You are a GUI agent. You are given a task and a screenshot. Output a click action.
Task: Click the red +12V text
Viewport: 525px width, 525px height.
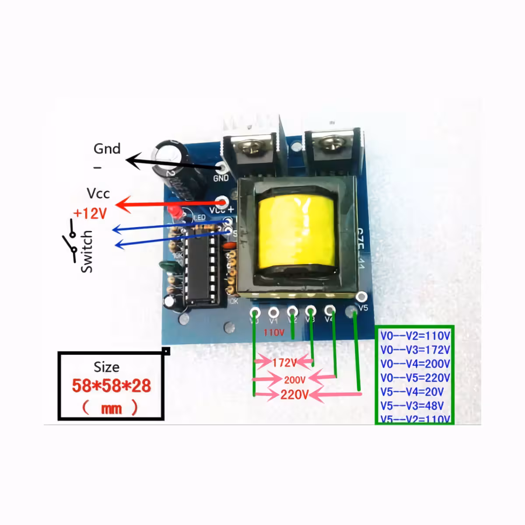pyautogui.click(x=90, y=213)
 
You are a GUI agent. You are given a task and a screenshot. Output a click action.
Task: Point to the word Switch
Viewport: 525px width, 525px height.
pyautogui.click(x=87, y=252)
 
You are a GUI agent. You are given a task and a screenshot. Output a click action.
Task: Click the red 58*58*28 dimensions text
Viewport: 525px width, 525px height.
pyautogui.click(x=111, y=386)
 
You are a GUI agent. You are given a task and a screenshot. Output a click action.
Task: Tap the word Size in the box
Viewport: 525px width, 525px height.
pyautogui.click(x=106, y=367)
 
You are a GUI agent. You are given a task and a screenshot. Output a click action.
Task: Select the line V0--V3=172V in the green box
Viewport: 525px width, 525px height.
pyautogui.click(x=415, y=350)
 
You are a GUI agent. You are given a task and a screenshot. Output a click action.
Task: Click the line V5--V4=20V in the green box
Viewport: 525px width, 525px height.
pyautogui.click(x=412, y=392)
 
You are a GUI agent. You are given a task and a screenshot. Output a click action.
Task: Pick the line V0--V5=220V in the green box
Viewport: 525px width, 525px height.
pyautogui.click(x=415, y=378)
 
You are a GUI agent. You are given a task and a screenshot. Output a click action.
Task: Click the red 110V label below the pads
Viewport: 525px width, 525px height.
pyautogui.click(x=274, y=333)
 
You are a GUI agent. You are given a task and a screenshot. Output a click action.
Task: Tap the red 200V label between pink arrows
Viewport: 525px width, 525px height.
pyautogui.click(x=294, y=380)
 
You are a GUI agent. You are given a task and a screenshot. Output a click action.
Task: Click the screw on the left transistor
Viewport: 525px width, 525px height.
pyautogui.click(x=252, y=146)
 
